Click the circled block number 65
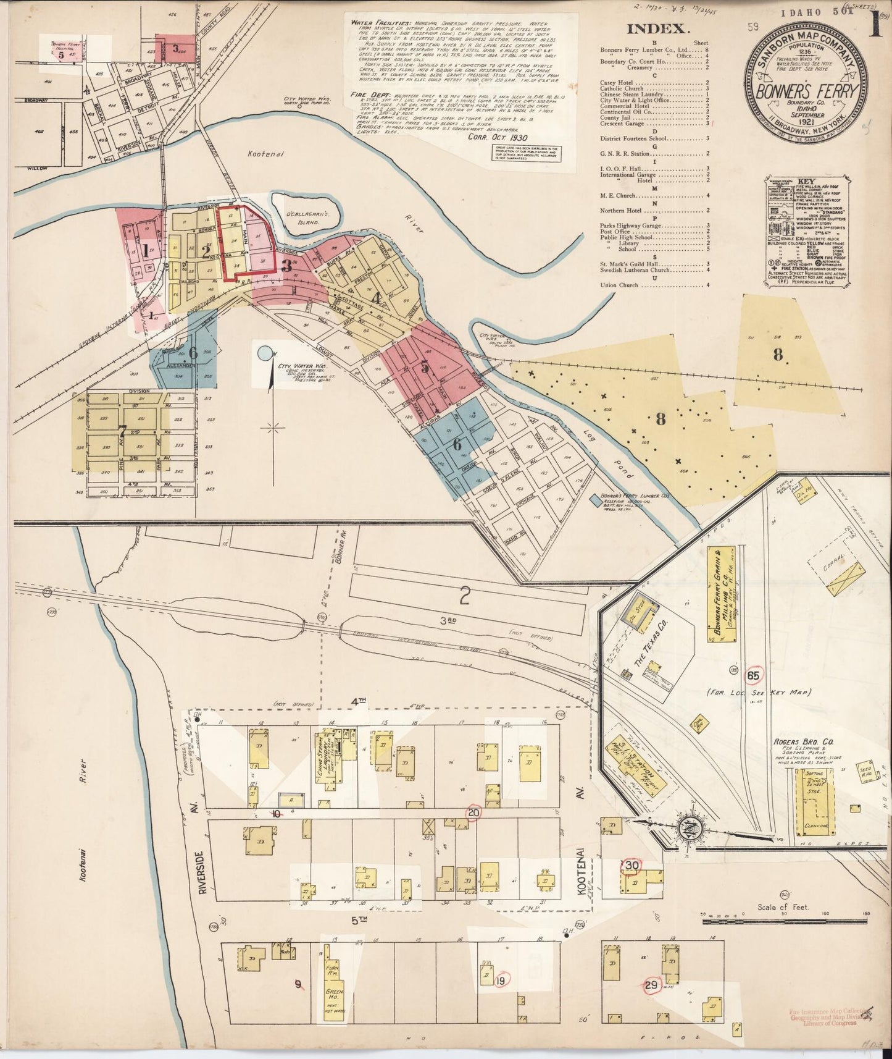(x=753, y=675)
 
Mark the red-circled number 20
(x=474, y=812)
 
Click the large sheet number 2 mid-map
(x=464, y=596)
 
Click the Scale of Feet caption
(x=783, y=908)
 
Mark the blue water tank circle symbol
(x=265, y=353)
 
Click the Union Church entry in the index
(x=617, y=285)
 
